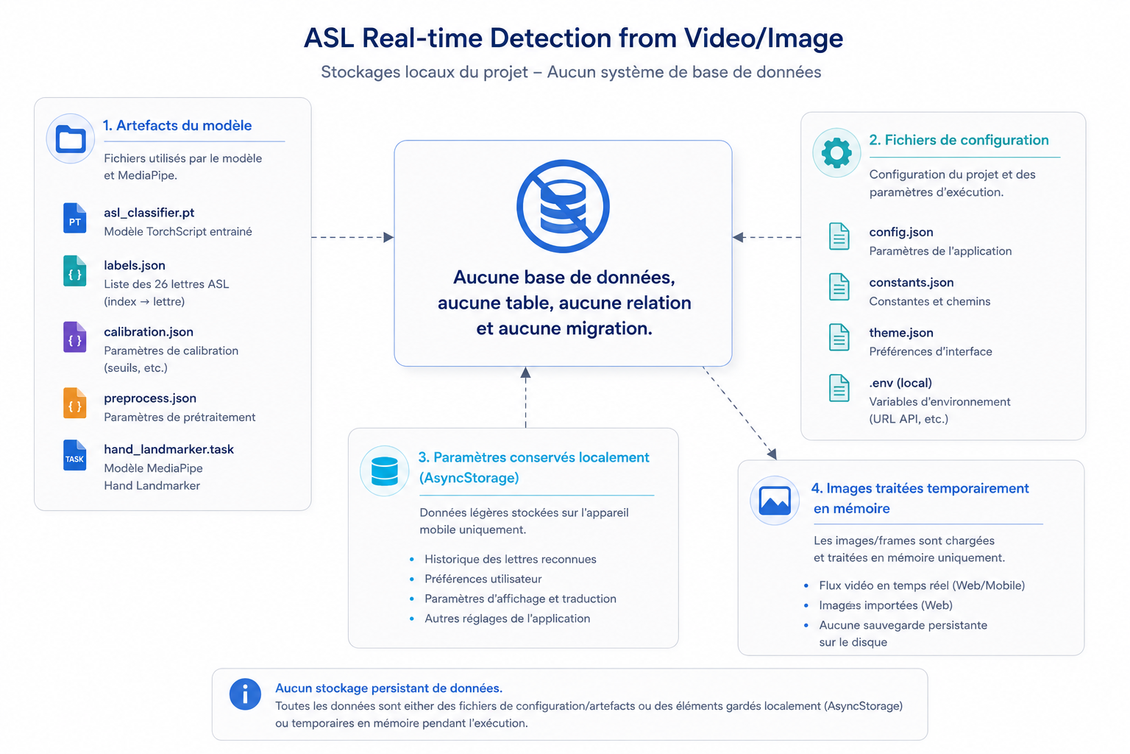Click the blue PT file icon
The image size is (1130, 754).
click(x=74, y=218)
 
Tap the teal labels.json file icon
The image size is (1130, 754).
click(x=74, y=271)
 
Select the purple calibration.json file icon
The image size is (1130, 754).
click(x=74, y=337)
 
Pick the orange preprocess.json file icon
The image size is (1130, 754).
click(x=74, y=403)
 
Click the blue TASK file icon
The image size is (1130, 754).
click(x=74, y=455)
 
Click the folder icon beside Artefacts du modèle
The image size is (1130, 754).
click(x=71, y=138)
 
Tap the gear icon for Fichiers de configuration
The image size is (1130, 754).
click(x=836, y=152)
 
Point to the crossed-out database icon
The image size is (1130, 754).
click(x=563, y=206)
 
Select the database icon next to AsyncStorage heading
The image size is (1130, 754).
click(x=385, y=471)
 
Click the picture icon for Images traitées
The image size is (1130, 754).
click(x=775, y=501)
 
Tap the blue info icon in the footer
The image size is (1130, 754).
click(x=245, y=694)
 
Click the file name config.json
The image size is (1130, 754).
click(x=901, y=232)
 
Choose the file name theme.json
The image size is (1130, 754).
click(x=901, y=332)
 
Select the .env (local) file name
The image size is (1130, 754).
click(x=900, y=383)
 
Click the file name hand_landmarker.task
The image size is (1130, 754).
click(x=169, y=449)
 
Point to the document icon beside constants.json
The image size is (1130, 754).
click(x=839, y=287)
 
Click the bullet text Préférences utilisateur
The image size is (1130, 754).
click(x=483, y=579)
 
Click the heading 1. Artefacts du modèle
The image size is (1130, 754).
click(x=177, y=125)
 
